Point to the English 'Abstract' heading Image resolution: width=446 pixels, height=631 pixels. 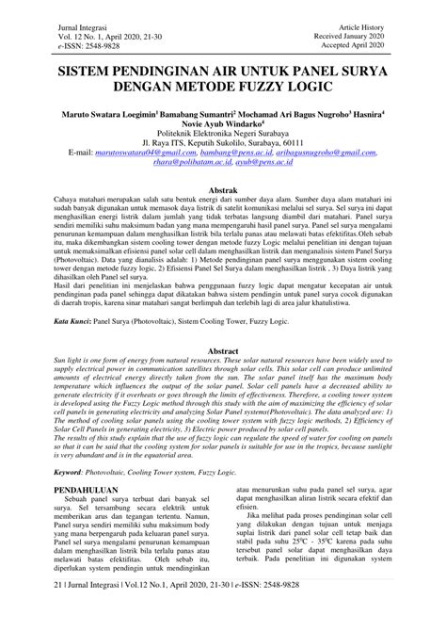[222, 350]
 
